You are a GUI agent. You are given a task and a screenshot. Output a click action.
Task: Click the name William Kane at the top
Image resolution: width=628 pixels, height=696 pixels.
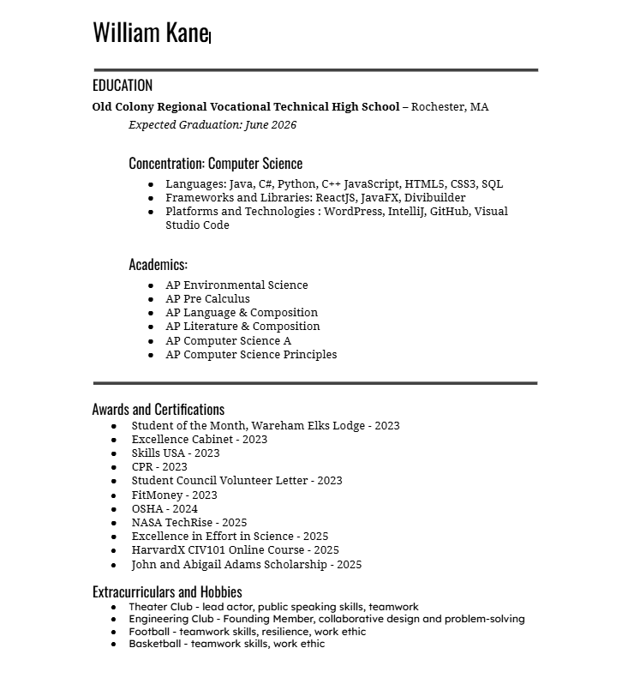tap(150, 33)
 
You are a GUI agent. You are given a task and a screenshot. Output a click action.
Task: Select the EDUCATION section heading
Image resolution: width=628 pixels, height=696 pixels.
tap(123, 85)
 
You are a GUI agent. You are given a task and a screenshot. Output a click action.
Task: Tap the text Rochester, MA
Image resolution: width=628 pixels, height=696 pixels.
tap(451, 107)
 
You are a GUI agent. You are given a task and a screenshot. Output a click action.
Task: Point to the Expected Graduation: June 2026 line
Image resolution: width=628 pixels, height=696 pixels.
tap(212, 125)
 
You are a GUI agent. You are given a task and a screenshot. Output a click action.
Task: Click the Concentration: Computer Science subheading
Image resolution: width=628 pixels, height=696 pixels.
tap(215, 163)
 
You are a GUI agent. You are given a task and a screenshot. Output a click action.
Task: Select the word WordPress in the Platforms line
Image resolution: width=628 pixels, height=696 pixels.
tap(352, 212)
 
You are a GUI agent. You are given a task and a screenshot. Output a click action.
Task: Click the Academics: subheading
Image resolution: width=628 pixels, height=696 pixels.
tap(158, 264)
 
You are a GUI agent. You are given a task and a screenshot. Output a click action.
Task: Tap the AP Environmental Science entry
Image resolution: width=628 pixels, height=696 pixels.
tap(236, 285)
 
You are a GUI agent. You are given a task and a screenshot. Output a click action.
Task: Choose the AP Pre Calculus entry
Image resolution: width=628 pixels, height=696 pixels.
tap(207, 299)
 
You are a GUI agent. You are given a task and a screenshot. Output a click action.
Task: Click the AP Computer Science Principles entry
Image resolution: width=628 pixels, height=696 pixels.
tap(251, 355)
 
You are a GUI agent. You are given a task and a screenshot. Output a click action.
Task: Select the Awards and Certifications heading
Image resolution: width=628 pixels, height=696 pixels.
tap(158, 409)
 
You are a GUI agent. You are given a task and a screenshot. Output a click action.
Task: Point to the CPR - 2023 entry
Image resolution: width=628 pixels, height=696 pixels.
tap(159, 467)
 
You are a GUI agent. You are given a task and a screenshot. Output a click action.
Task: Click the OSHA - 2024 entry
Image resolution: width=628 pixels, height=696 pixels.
tap(164, 509)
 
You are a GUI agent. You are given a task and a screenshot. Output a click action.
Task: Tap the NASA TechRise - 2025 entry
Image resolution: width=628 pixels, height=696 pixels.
tap(188, 523)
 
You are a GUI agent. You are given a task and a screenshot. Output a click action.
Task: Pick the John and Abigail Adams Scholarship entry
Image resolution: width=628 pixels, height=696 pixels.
tap(246, 565)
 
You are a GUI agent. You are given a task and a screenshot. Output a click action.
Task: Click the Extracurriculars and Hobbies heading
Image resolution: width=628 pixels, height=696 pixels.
tap(167, 591)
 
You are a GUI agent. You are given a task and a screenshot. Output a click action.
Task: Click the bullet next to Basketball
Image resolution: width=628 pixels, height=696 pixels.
tap(114, 645)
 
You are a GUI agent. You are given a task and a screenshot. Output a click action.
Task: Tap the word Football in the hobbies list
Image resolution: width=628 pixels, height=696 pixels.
tap(150, 632)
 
